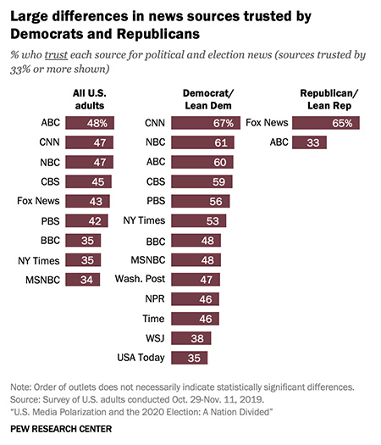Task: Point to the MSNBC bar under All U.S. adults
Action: tap(75, 279)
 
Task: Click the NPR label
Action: tap(153, 298)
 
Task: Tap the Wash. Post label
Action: tap(140, 279)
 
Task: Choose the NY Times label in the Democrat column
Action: tap(144, 220)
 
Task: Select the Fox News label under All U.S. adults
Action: tap(37, 201)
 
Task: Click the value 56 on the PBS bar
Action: tap(214, 201)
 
